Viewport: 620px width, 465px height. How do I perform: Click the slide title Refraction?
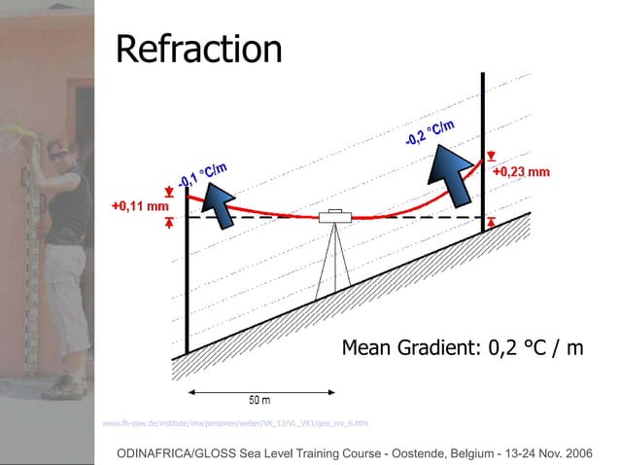tap(198, 49)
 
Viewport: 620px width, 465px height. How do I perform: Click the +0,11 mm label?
tap(139, 206)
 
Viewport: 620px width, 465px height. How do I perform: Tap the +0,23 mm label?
tap(521, 172)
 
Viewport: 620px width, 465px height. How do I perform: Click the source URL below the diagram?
tap(234, 423)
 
